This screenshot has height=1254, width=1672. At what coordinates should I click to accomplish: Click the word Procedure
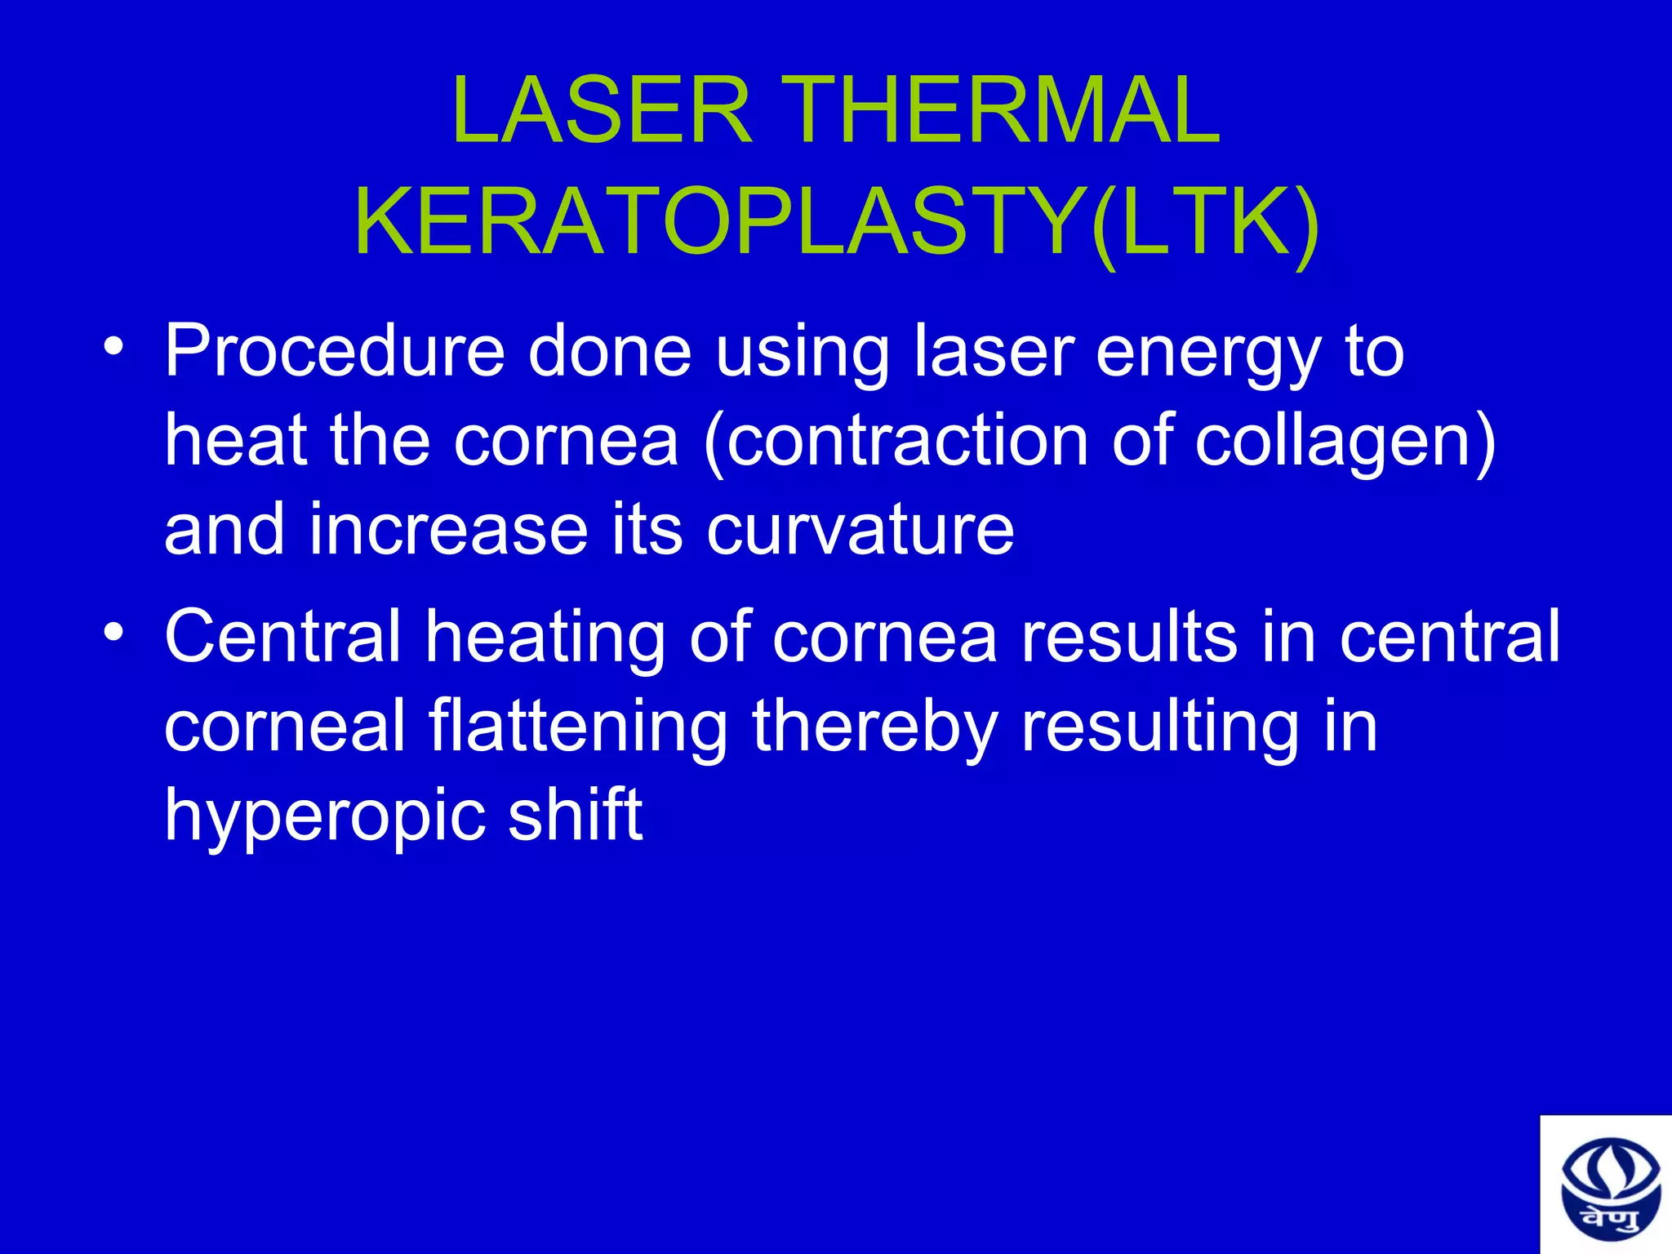pyautogui.click(x=335, y=353)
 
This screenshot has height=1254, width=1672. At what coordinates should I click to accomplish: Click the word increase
pyautogui.click(x=448, y=531)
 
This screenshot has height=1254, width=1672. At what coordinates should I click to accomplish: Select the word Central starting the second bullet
pyautogui.click(x=282, y=637)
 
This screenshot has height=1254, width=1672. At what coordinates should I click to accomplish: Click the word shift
pyautogui.click(x=576, y=814)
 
